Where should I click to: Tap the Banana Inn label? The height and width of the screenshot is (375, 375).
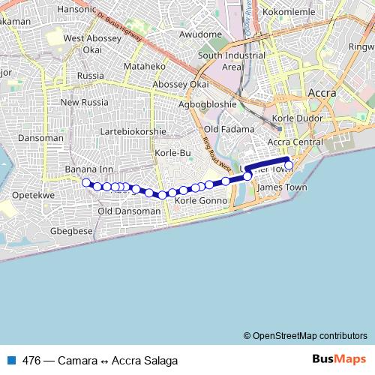coord(88,169)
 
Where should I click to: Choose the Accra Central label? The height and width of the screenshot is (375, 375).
coord(295,142)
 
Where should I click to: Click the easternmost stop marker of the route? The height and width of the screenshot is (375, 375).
coord(289,165)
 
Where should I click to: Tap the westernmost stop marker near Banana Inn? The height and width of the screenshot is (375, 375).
coord(86,182)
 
